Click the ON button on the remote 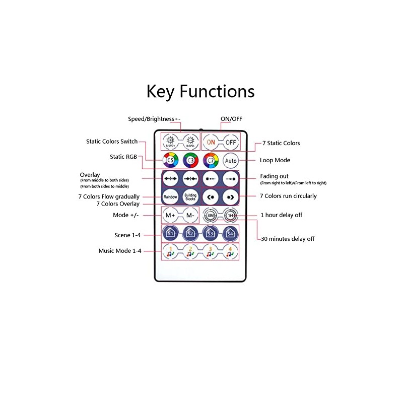coord(211,142)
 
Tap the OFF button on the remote coord(231,142)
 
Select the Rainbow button coord(170,196)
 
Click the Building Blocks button coord(190,196)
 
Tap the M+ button coord(170,216)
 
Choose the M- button coord(190,216)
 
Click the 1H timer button coord(230,216)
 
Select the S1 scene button coord(170,233)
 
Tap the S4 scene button coord(230,233)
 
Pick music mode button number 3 coord(211,251)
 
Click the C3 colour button coord(190,161)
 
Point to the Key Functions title coord(200,91)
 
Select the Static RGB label coord(123,157)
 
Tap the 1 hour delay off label coord(281,215)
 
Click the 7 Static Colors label coord(281,143)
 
